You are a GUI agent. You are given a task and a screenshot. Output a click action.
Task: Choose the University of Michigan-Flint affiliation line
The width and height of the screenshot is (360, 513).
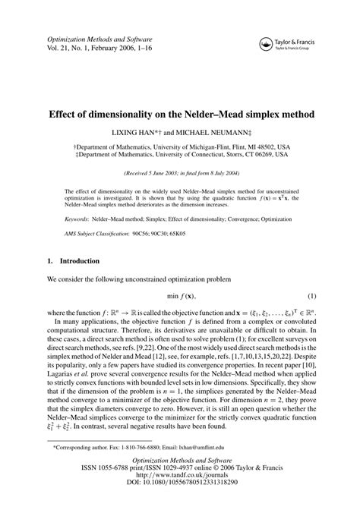coord(180,147)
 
